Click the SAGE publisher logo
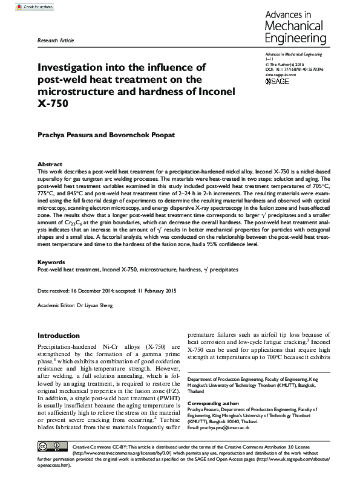tap(278, 81)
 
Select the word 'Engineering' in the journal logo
tap(296, 39)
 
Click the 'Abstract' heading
tap(50, 164)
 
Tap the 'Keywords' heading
tap(51, 262)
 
